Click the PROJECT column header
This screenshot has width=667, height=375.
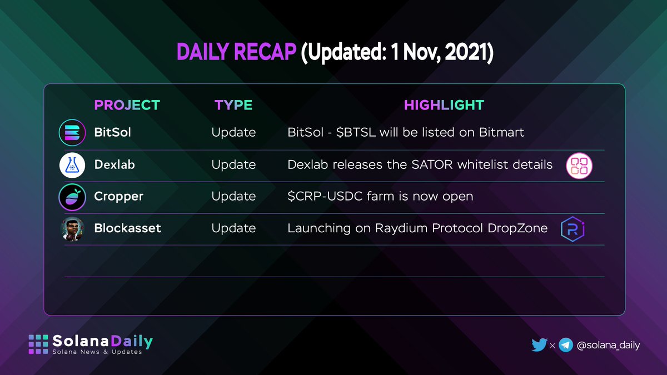pos(127,105)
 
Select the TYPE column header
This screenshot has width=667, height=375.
pos(233,105)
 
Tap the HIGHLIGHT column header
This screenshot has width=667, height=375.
pos(444,105)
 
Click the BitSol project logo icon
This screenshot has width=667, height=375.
pos(72,133)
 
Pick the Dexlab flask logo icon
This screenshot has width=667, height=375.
pos(72,165)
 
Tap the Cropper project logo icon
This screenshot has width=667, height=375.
pos(72,197)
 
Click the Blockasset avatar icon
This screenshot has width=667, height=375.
pos(72,228)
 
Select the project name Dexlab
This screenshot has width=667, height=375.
pos(115,165)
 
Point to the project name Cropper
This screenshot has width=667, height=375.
pos(118,197)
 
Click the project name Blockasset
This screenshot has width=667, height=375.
pos(127,228)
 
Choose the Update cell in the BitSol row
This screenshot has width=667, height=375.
pos(233,133)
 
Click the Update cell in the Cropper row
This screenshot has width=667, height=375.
pos(233,197)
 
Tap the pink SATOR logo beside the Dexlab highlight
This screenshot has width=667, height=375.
pos(579,166)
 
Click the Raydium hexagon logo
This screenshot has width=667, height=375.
pos(573,229)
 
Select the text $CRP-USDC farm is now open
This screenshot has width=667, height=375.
pos(380,197)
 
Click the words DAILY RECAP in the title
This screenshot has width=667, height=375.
pos(236,53)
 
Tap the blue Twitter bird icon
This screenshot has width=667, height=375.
pos(539,345)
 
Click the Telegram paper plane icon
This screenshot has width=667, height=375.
pos(566,345)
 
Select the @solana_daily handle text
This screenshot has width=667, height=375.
pos(608,345)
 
